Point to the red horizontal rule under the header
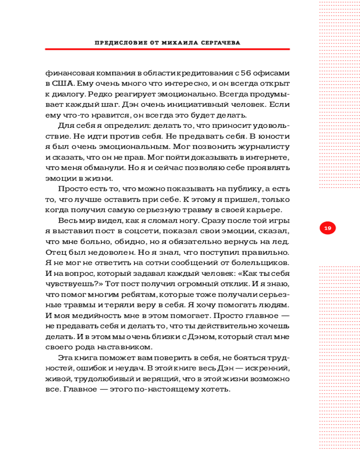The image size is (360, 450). point(167,49)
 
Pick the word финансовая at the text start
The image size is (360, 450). point(67,72)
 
